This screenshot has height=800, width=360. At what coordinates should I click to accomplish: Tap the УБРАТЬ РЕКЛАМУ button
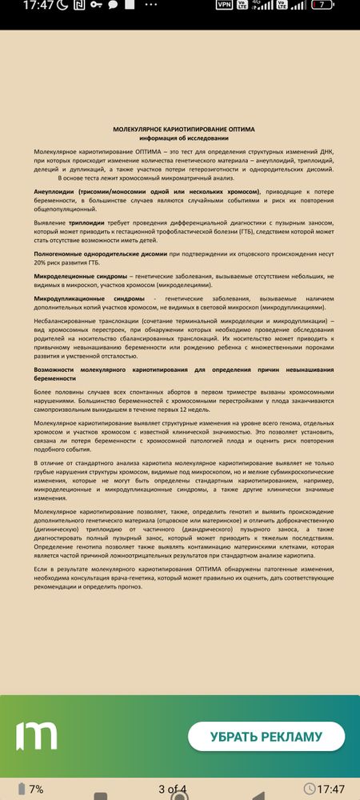pyautogui.click(x=266, y=736)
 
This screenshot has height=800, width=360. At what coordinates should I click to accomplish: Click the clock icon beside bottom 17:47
pyautogui.click(x=321, y=788)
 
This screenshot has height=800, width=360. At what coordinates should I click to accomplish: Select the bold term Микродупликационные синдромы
pyautogui.click(x=89, y=298)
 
